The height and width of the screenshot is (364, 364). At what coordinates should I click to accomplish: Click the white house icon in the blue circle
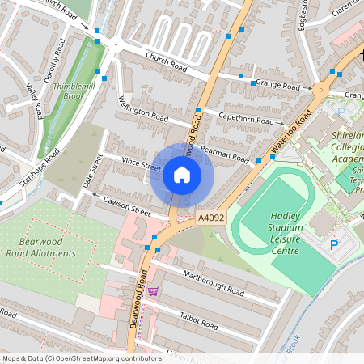pyautogui.click(x=182, y=175)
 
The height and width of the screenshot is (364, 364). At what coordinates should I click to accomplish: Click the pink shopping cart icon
pyautogui.click(x=153, y=290)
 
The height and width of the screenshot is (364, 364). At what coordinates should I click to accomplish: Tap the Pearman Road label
pyautogui.click(x=227, y=154)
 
